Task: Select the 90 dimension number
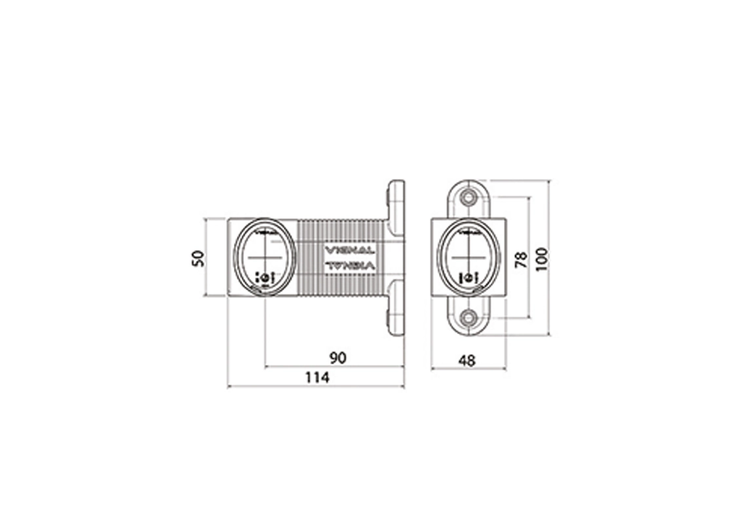[337, 357]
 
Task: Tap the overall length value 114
[316, 377]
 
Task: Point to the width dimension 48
[467, 360]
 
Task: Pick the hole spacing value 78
[521, 259]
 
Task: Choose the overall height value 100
[541, 259]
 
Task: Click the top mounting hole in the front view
[469, 197]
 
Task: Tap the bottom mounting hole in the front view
[469, 318]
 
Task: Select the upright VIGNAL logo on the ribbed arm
[350, 250]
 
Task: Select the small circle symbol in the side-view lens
[265, 278]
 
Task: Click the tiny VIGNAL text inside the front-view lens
[470, 231]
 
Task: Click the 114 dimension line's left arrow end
[229, 386]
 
